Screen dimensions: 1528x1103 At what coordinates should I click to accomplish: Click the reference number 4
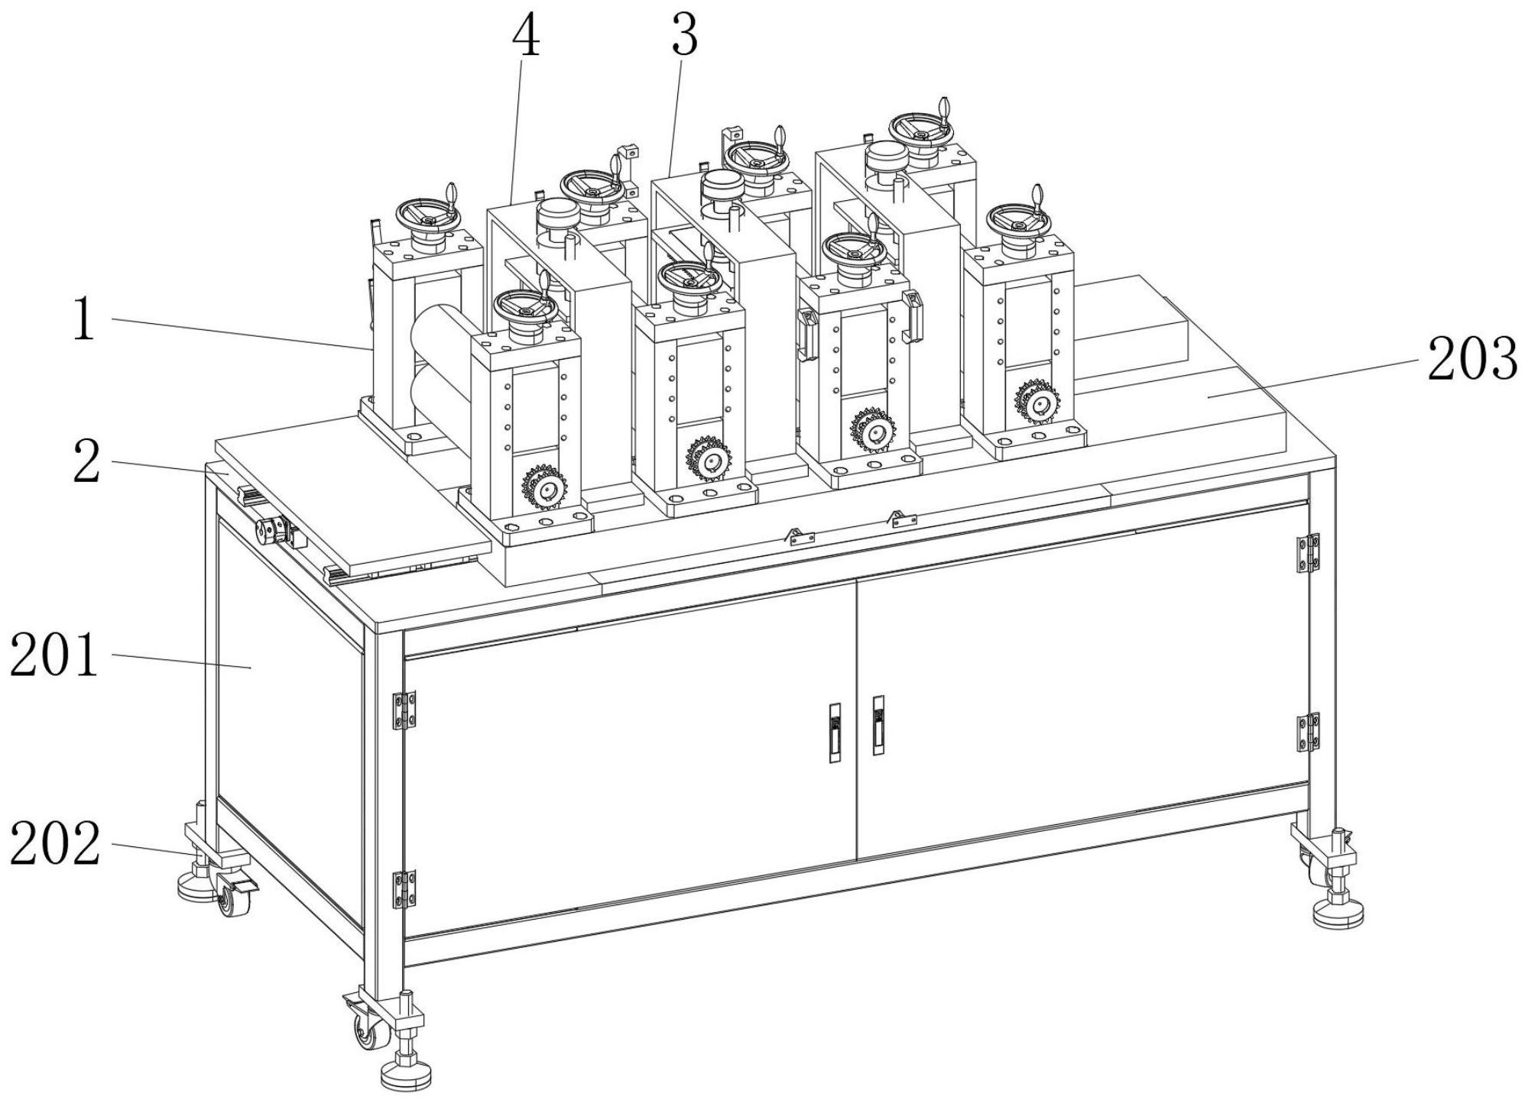[x=525, y=37]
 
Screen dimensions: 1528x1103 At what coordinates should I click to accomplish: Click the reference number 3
[x=684, y=36]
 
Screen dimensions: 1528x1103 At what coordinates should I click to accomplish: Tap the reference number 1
[x=83, y=320]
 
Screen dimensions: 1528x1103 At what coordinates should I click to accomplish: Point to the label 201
[x=54, y=655]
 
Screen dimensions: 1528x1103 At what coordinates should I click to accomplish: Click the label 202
[x=55, y=844]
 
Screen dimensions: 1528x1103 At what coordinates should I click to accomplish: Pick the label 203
[x=1472, y=359]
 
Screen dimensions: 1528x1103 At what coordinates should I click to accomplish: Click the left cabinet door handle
[x=835, y=733]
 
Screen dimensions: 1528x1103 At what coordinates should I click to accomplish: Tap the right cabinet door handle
[x=878, y=725]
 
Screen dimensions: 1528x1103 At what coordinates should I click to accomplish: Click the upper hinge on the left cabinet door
[x=404, y=710]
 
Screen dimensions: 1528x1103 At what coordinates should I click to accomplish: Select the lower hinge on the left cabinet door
[x=404, y=889]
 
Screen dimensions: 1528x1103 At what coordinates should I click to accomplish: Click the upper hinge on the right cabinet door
[x=1308, y=553]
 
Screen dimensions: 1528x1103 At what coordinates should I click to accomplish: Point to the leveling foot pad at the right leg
[x=1338, y=914]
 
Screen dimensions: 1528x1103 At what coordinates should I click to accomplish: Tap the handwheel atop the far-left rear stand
[x=427, y=215]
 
